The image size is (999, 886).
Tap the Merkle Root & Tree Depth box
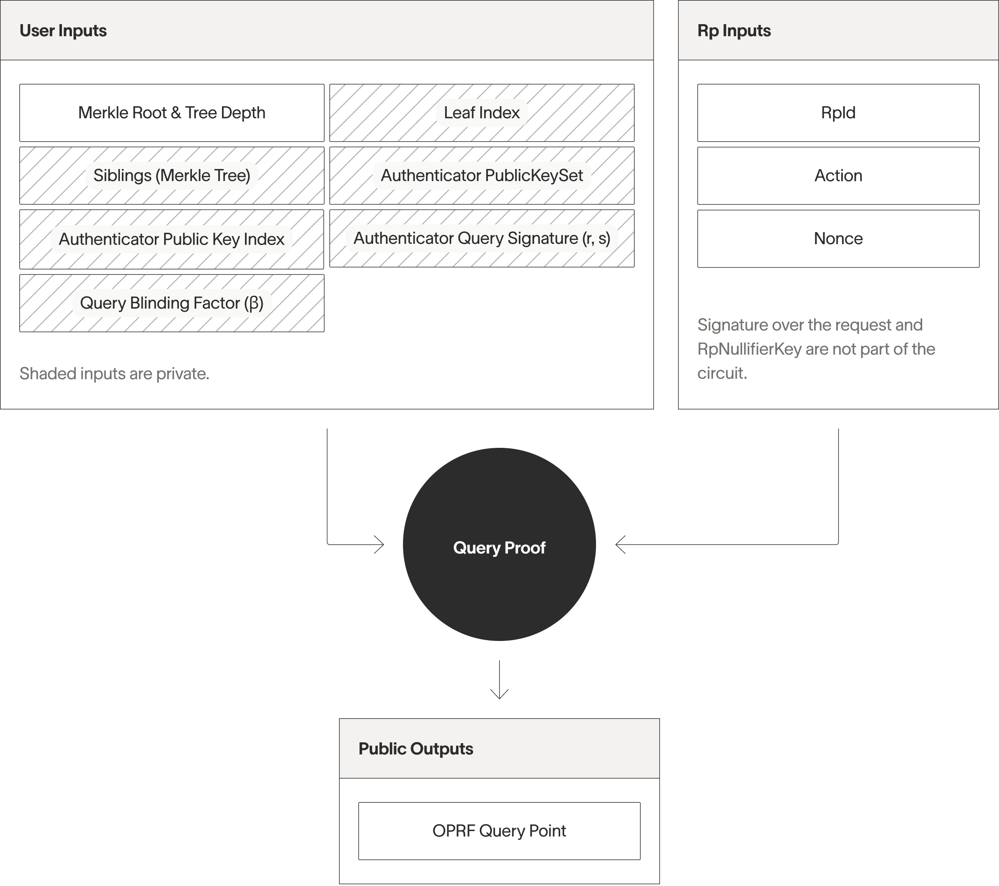coord(172,113)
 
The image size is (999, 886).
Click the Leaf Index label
coord(481,113)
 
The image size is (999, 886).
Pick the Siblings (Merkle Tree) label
coord(172,175)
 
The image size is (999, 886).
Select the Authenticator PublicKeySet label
coord(481,175)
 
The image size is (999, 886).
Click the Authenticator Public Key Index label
coord(172,239)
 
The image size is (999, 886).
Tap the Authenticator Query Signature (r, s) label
coord(481,238)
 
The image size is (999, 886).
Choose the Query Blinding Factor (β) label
coord(172,303)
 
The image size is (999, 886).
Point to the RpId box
coord(838,113)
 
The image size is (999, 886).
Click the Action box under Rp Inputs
coord(838,175)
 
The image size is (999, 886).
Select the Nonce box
coord(838,239)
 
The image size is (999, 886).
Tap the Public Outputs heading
coord(415,749)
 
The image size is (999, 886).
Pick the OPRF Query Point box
coord(499,831)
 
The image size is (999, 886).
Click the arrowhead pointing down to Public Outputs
coord(499,694)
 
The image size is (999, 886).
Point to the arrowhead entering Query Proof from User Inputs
coord(380,544)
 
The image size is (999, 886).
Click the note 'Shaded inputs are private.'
coord(114,373)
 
